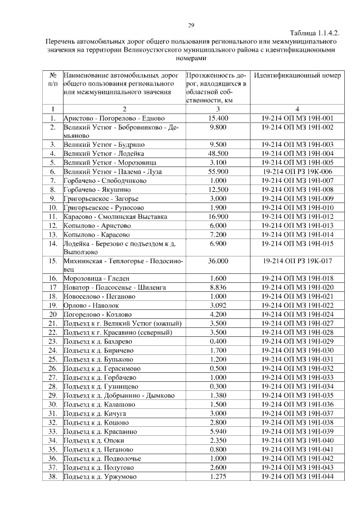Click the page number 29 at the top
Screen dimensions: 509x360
click(x=191, y=25)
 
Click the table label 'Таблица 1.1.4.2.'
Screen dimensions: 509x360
click(x=315, y=34)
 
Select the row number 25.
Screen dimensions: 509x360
click(x=53, y=359)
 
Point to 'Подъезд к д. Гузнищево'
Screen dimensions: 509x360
click(x=101, y=386)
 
